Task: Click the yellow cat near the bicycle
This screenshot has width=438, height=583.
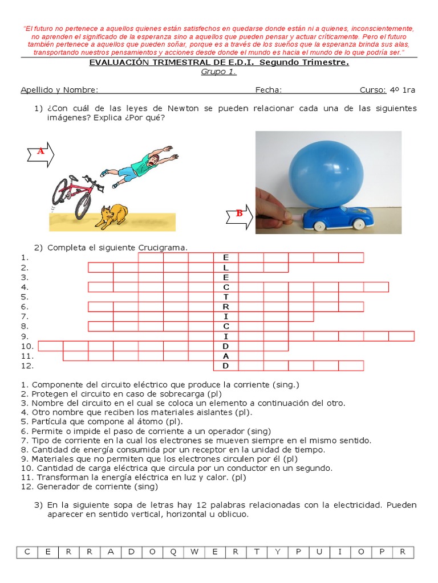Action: (111, 216)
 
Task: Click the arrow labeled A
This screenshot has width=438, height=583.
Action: (40, 153)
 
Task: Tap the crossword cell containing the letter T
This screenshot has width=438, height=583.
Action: (226, 297)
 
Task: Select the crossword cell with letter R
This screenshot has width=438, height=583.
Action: (226, 306)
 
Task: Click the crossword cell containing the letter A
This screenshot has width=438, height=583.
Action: (226, 356)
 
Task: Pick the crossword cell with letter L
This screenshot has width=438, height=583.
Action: (226, 268)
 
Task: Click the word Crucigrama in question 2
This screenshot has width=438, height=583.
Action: (162, 247)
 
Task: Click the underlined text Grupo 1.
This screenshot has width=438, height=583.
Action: (218, 72)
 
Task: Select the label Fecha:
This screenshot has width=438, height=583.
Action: (268, 89)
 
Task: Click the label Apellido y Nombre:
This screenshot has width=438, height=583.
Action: (59, 89)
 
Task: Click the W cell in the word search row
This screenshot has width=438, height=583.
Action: (194, 552)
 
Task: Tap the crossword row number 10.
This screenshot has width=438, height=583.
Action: (27, 346)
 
